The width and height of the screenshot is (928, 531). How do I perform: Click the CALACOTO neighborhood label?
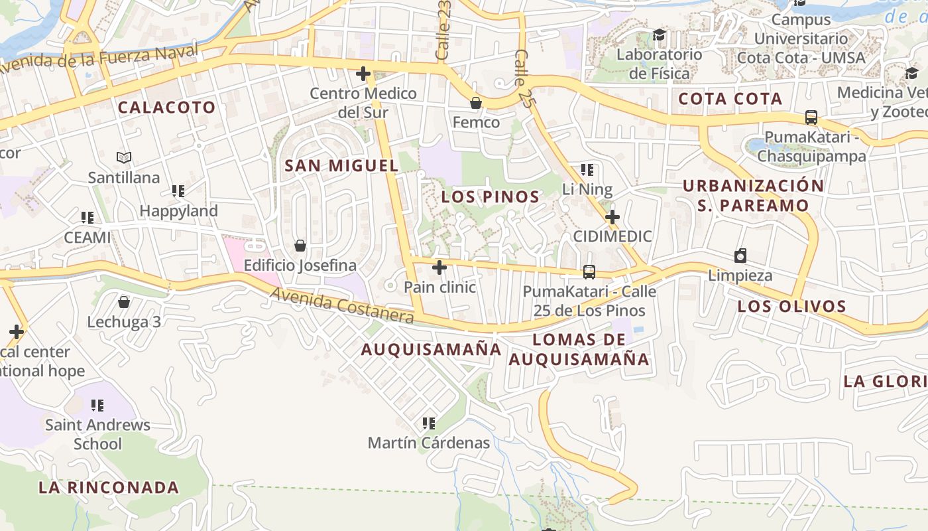pos(167,108)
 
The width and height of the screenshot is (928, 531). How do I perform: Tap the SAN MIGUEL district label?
pos(341,166)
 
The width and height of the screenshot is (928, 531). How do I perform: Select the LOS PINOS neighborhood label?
pos(491,197)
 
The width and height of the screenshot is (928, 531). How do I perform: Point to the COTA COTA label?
pos(730,100)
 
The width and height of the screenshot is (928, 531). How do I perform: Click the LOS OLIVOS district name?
pos(792,307)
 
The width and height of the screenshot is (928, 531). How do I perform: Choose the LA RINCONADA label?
pos(109,488)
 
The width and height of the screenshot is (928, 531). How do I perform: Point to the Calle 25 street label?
pos(524,70)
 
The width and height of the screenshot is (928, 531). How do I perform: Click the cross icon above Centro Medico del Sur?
pos(363,74)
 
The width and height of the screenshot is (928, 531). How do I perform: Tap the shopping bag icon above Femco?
pos(475,103)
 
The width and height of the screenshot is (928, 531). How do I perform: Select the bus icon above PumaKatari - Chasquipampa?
pos(811,117)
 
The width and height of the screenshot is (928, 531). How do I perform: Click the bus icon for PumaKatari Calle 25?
pos(589,271)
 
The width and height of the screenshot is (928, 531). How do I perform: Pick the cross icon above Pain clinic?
pos(439,267)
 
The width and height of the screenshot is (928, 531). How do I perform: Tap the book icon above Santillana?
pos(124,158)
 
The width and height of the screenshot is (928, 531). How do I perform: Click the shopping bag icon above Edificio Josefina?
pos(300,246)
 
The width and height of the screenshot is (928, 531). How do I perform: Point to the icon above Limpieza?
pos(740,256)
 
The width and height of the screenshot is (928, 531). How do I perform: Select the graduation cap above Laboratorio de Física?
pos(659,35)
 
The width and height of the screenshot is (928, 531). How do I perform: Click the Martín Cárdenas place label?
pos(429,443)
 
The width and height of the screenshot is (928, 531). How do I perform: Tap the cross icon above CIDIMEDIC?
pos(612,217)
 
